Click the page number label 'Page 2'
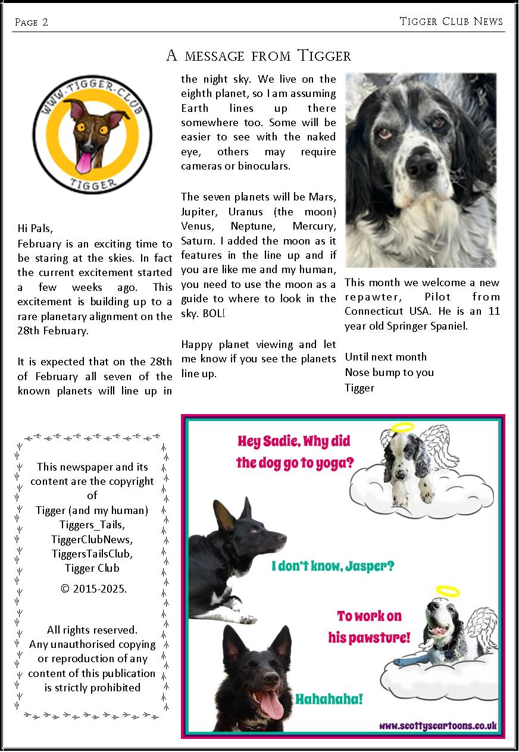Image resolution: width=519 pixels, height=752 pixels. pyautogui.click(x=32, y=23)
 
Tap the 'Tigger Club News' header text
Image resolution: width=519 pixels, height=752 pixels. pyautogui.click(x=451, y=21)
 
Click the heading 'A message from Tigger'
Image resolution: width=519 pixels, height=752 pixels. pyautogui.click(x=258, y=56)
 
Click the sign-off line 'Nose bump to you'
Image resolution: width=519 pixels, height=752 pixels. pyautogui.click(x=389, y=372)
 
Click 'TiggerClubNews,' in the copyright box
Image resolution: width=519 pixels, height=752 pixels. pyautogui.click(x=92, y=540)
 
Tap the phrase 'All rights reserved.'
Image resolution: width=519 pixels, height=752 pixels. pyautogui.click(x=92, y=629)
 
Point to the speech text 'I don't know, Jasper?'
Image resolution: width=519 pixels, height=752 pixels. pyautogui.click(x=333, y=566)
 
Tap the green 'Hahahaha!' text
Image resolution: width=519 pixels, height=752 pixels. pyautogui.click(x=329, y=698)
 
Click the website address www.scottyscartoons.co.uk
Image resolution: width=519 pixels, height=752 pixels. pyautogui.click(x=437, y=726)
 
